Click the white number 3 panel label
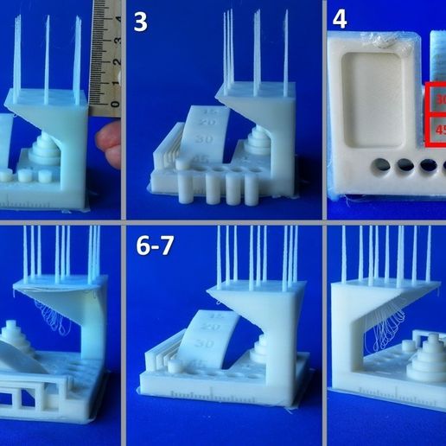(x=141, y=22)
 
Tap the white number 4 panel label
(x=340, y=20)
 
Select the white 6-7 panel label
(x=155, y=246)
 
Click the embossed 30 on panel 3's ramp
(x=205, y=137)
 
